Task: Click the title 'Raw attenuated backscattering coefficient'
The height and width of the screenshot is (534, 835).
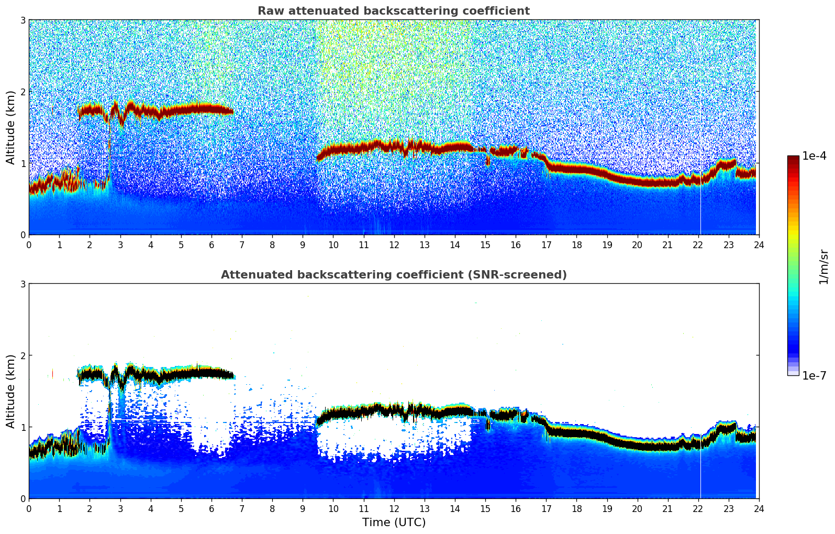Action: click(x=393, y=11)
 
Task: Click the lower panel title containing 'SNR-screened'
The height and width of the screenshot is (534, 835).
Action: click(x=393, y=275)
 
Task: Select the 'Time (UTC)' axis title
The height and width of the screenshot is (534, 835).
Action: click(x=394, y=522)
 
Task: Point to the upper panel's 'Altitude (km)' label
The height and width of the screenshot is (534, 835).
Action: click(x=10, y=127)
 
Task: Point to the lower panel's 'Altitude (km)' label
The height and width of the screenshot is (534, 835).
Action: click(x=10, y=391)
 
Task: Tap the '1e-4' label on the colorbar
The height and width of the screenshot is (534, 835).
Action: click(x=814, y=156)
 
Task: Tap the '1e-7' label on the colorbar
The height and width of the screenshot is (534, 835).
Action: click(x=814, y=375)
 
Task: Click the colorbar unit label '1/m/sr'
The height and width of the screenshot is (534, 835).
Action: click(x=823, y=266)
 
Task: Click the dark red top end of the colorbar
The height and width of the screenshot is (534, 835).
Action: click(x=793, y=158)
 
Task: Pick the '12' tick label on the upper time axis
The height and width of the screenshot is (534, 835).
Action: click(x=394, y=244)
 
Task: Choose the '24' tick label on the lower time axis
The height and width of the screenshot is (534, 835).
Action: click(x=759, y=508)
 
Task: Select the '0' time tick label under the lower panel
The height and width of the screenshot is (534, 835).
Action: click(x=29, y=508)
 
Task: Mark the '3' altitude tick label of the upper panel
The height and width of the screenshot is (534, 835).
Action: click(x=23, y=20)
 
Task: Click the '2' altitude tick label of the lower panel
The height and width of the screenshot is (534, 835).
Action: click(x=23, y=355)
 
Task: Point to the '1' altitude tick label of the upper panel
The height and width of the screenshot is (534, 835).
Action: click(x=23, y=163)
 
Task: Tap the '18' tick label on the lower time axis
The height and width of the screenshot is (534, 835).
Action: click(x=576, y=508)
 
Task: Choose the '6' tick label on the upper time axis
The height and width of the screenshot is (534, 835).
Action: click(x=211, y=244)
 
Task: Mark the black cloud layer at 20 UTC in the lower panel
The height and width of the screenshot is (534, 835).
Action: click(x=637, y=446)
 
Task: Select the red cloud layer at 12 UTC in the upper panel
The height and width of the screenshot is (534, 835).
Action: click(x=394, y=146)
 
